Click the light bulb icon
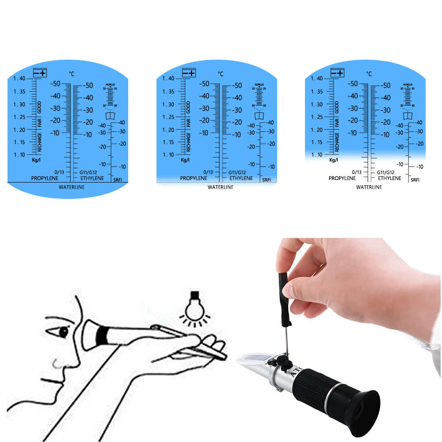pos(194,308)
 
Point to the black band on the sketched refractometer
pos(102,336)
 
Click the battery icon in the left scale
pos(40,73)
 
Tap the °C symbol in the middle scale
pos(220,74)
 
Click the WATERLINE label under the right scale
pos(369,187)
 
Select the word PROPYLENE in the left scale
pos(44,178)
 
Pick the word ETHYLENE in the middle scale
pos(241,178)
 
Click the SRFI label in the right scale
pos(415,180)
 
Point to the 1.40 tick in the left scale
pos(19,79)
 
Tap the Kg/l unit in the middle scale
pos(185,160)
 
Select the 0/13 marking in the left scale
pos(59,172)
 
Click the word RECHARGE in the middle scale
pos(188,142)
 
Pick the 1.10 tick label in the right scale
pos(317,155)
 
